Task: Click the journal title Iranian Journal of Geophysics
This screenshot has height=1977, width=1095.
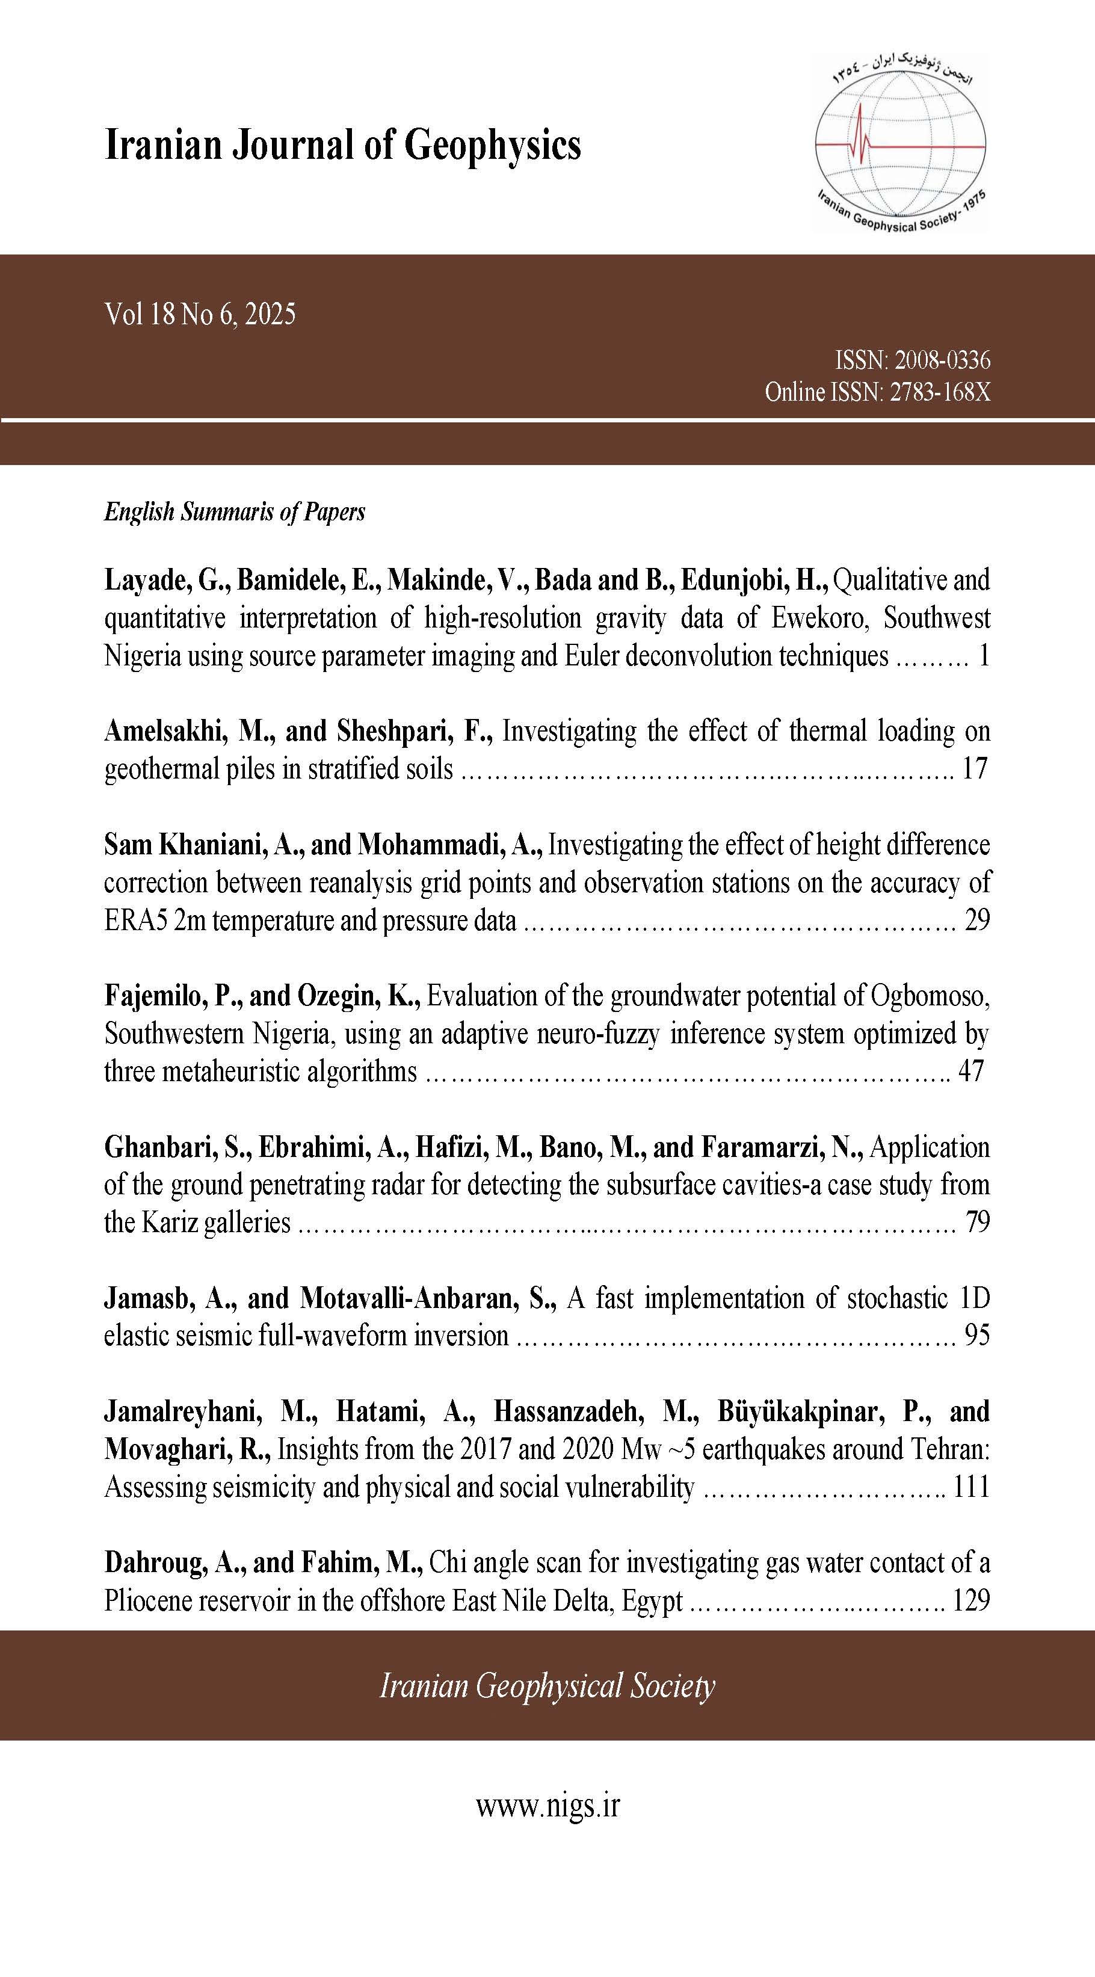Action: (342, 144)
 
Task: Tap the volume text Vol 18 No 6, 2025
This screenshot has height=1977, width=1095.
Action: (200, 315)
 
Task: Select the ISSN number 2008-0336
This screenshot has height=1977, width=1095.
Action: (942, 360)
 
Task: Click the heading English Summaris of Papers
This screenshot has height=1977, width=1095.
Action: (234, 512)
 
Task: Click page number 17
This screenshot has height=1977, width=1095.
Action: (975, 768)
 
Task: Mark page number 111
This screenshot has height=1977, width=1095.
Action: (970, 1487)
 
